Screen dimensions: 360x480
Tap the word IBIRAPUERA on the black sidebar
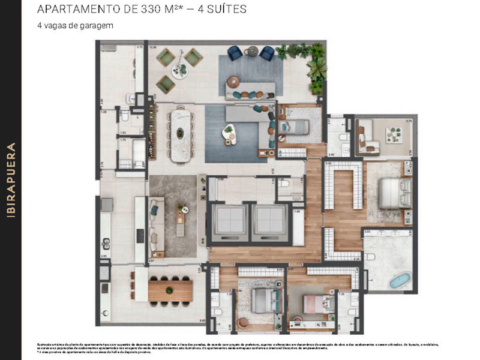[11, 180]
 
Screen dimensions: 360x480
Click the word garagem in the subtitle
[99, 26]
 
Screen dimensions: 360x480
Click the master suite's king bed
[395, 192]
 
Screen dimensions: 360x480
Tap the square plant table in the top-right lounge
[394, 134]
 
